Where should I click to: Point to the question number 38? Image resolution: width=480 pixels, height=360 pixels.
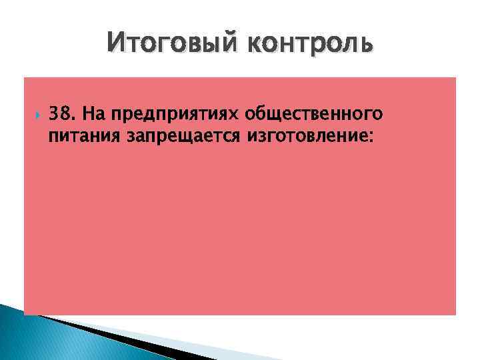tap(61, 114)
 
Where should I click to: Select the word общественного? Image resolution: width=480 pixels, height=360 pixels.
tap(314, 115)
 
